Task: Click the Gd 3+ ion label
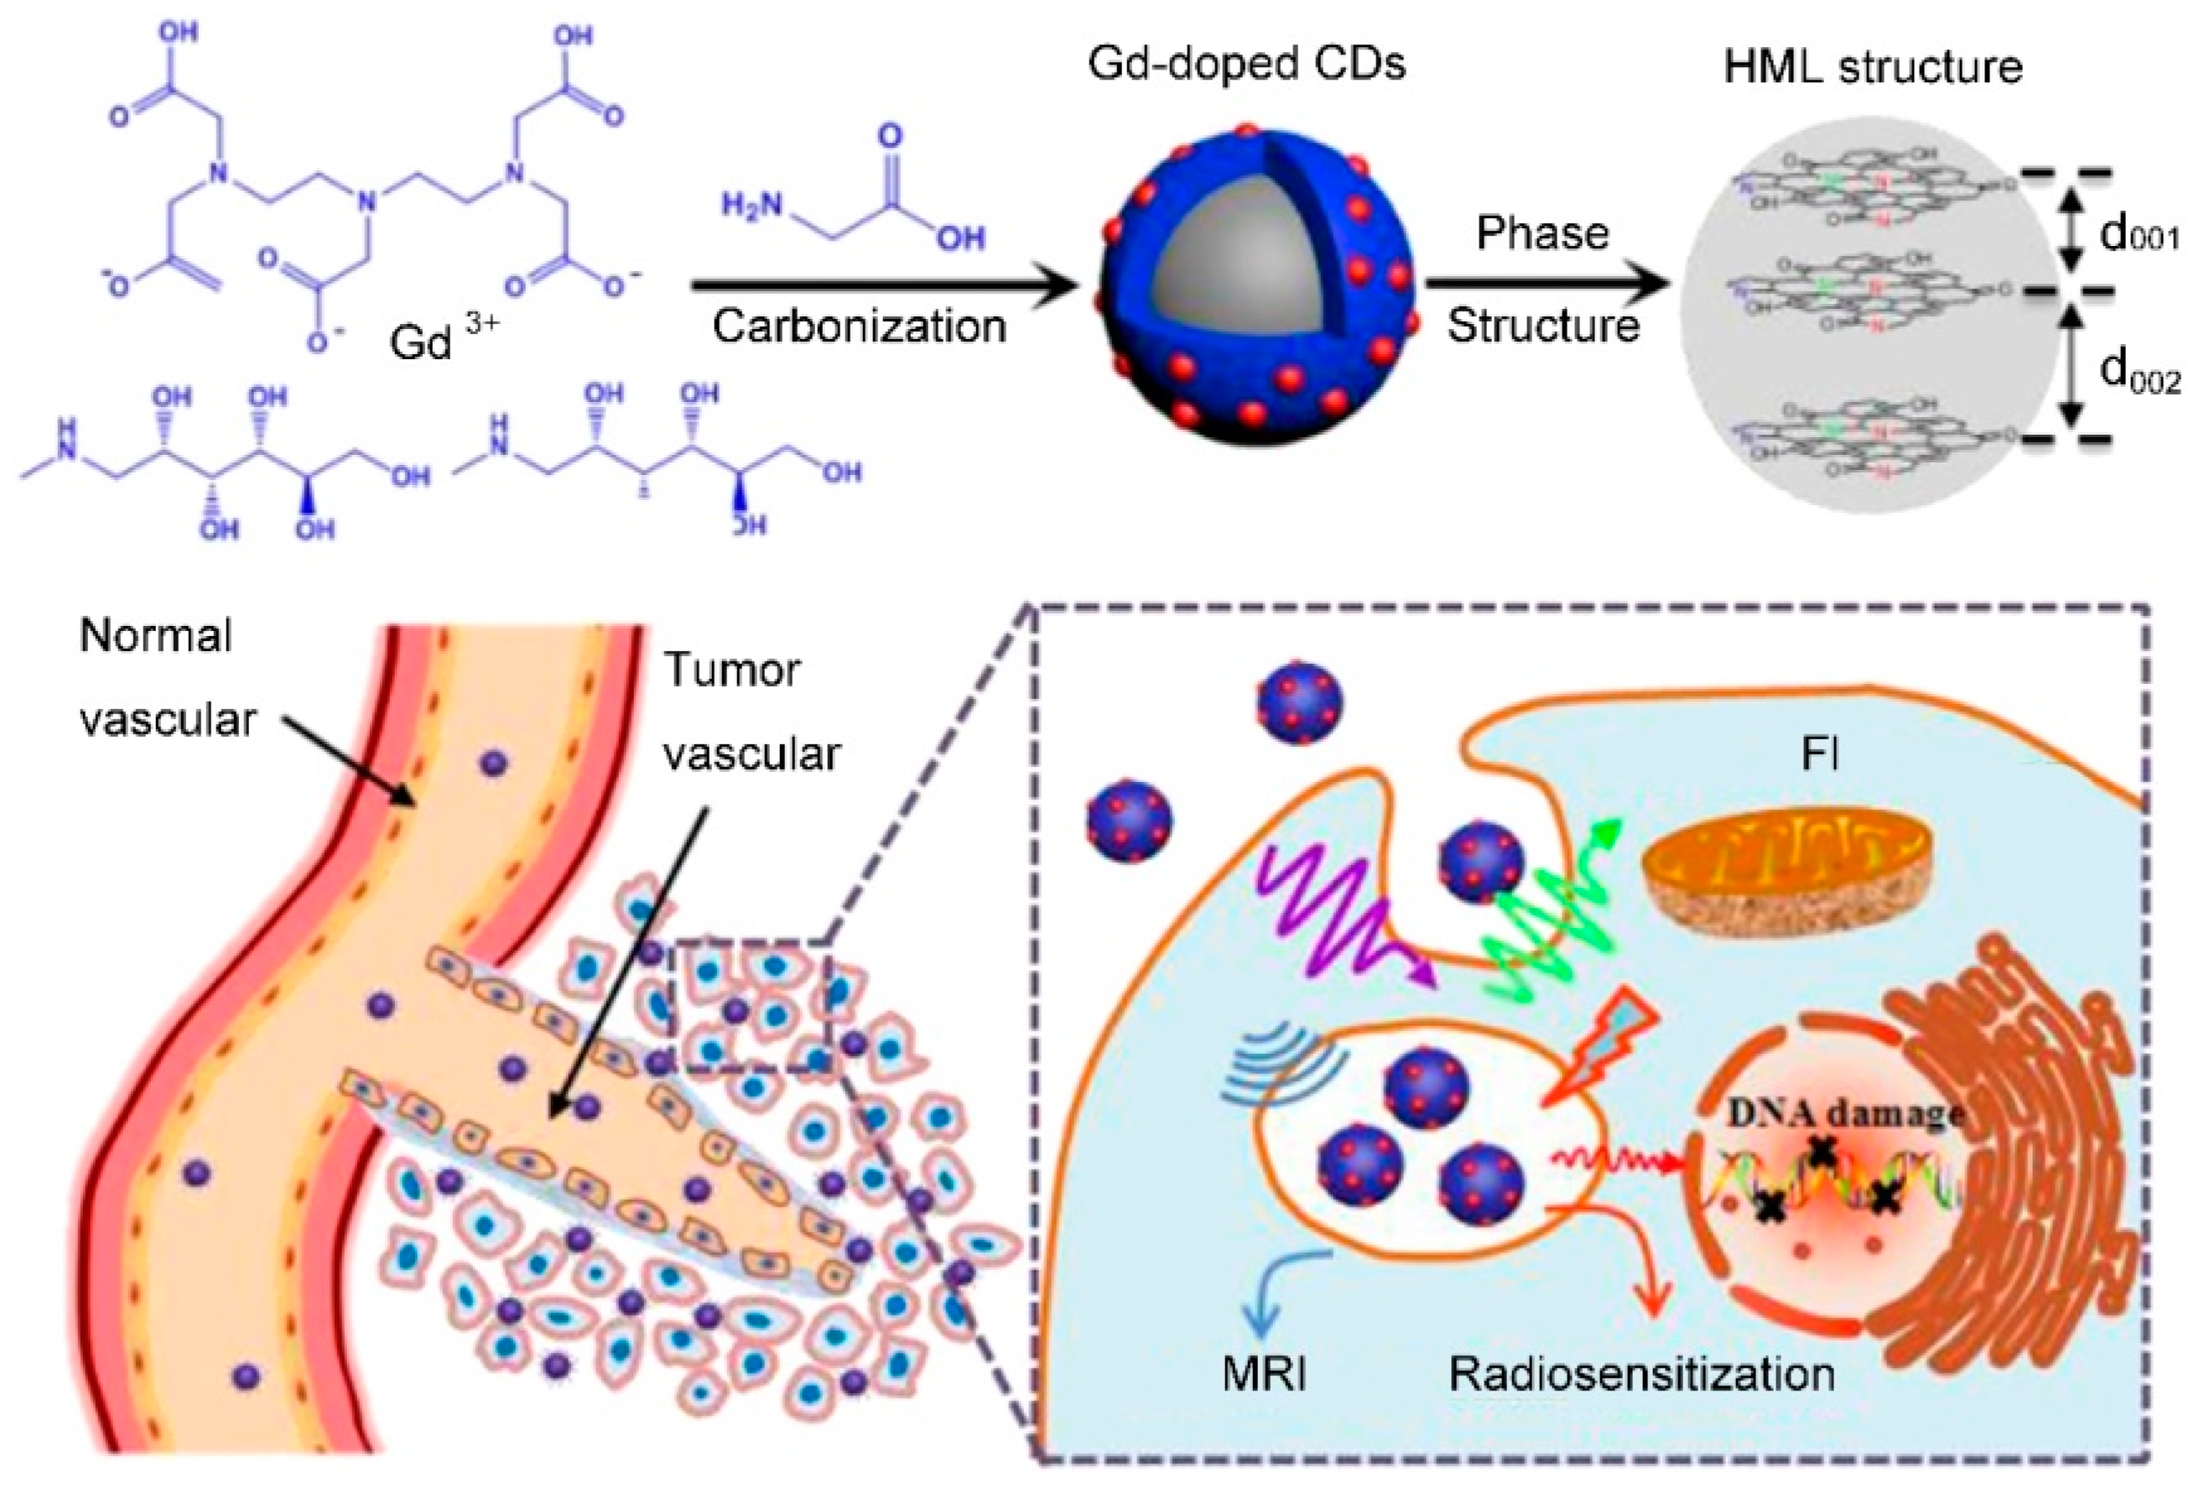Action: click(x=443, y=338)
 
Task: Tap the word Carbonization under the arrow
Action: click(x=858, y=326)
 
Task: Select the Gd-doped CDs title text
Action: click(x=1246, y=64)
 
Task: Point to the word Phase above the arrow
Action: click(x=1542, y=232)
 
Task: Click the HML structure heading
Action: click(x=1873, y=67)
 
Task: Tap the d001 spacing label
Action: click(x=2139, y=234)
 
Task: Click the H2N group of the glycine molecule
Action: click(x=751, y=206)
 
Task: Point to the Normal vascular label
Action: click(x=165, y=676)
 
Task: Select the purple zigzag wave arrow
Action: click(x=1344, y=923)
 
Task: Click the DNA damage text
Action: click(x=1845, y=1113)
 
